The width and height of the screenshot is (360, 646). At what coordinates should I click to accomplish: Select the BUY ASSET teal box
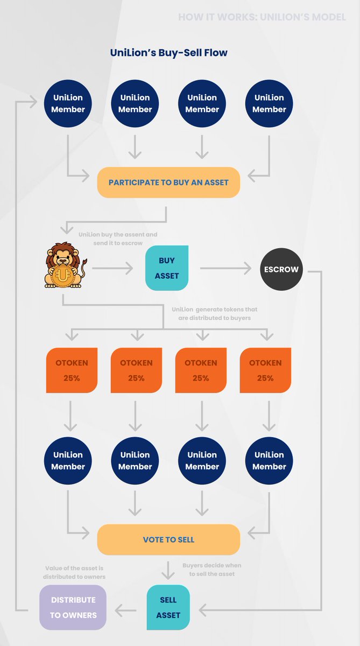[x=167, y=268]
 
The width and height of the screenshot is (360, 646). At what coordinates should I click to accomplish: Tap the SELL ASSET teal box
[x=168, y=607]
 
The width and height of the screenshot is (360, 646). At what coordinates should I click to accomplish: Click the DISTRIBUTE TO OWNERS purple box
[x=73, y=607]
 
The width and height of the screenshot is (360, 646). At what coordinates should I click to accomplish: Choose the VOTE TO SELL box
[x=168, y=539]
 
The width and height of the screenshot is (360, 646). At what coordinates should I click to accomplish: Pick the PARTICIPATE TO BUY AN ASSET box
[x=168, y=182]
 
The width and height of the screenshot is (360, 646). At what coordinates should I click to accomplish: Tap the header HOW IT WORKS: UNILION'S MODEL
[x=262, y=17]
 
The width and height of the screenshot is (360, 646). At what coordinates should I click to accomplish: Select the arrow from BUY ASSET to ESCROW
[x=226, y=268]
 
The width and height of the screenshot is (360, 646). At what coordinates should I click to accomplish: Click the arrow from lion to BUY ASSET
[x=112, y=268]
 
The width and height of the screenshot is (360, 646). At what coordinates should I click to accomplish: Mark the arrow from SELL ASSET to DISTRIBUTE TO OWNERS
[x=126, y=610]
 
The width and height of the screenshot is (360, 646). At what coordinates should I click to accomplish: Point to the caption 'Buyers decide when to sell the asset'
[x=212, y=570]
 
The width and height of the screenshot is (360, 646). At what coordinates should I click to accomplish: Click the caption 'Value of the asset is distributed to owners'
[x=74, y=573]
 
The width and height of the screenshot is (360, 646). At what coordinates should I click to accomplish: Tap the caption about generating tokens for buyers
[x=215, y=313]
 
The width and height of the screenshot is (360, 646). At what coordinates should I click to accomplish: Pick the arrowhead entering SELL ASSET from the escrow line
[x=202, y=610]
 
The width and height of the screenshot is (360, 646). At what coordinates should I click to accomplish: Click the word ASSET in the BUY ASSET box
[x=167, y=276]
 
